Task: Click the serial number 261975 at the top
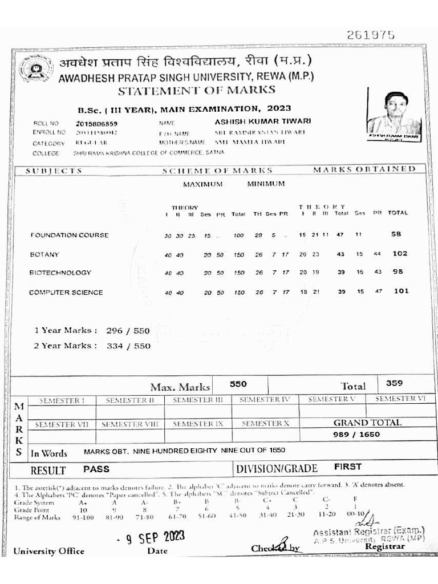(371, 35)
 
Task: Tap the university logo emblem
(35, 70)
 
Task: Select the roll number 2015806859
(96, 123)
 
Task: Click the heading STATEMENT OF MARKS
(196, 90)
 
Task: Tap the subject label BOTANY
(44, 254)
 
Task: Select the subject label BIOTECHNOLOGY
(60, 273)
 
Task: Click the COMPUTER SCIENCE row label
(66, 293)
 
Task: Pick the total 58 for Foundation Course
(396, 234)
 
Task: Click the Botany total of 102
(400, 254)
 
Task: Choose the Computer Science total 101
(401, 291)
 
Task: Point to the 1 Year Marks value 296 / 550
(128, 330)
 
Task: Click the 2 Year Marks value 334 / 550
(128, 346)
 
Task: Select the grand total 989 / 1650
(356, 435)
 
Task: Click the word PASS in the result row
(96, 469)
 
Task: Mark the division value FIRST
(347, 467)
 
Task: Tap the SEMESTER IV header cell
(265, 400)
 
